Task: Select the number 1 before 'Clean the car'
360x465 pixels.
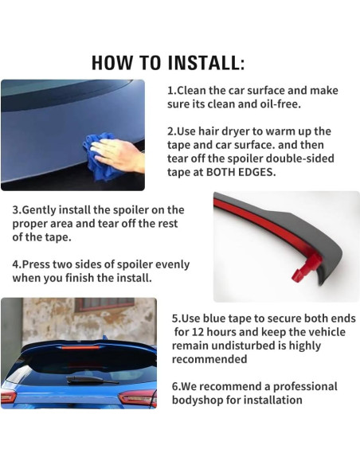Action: [x=170, y=91]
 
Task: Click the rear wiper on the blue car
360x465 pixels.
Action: [x=92, y=380]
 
